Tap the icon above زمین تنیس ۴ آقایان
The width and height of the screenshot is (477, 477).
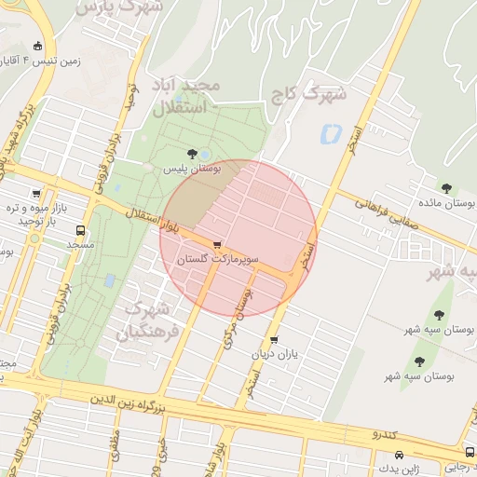pyautogui.click(x=37, y=47)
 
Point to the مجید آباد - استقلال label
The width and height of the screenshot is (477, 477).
pyautogui.click(x=187, y=97)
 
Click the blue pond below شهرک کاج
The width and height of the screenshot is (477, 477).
pyautogui.click(x=329, y=134)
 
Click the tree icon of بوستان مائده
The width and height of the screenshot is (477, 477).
pyautogui.click(x=446, y=187)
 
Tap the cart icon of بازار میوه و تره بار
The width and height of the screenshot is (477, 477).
pyautogui.click(x=36, y=194)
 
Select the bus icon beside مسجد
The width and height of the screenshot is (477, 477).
pyautogui.click(x=80, y=229)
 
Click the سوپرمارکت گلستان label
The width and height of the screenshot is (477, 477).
pyautogui.click(x=220, y=257)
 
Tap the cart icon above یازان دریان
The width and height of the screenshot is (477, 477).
pyautogui.click(x=273, y=340)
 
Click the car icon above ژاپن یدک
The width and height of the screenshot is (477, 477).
pyautogui.click(x=400, y=455)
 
